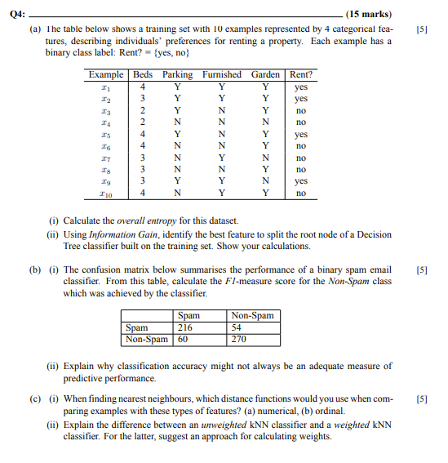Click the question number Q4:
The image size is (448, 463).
click(16, 14)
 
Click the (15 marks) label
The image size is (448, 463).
click(368, 14)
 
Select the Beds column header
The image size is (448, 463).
click(143, 74)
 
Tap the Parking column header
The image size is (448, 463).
click(177, 74)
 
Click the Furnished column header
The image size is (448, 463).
click(221, 74)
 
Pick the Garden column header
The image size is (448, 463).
click(265, 74)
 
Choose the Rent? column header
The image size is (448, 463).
click(301, 74)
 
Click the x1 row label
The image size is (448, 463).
click(105, 86)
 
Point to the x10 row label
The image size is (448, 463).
click(105, 194)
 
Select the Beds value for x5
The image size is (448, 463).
click(143, 134)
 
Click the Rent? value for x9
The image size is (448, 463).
click(301, 181)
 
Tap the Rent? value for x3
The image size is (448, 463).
click(301, 109)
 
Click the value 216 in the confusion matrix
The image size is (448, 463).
click(186, 327)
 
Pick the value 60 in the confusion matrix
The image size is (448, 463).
click(183, 339)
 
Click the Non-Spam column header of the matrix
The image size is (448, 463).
click(253, 316)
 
